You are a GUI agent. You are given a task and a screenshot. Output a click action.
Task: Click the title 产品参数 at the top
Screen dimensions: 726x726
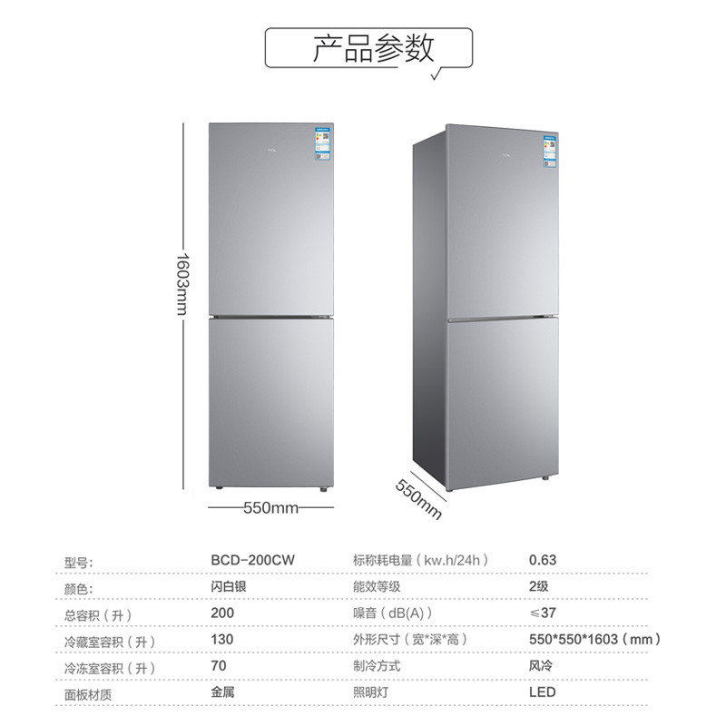[x=373, y=48]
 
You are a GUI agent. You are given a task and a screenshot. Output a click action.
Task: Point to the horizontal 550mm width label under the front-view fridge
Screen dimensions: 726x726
[x=270, y=508]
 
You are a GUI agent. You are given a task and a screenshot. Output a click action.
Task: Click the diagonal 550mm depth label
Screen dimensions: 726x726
[x=418, y=498]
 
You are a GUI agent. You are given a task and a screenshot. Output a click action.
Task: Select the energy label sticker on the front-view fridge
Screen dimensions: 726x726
[x=323, y=144]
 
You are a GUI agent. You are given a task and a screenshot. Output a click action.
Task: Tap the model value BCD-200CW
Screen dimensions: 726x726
[x=248, y=561]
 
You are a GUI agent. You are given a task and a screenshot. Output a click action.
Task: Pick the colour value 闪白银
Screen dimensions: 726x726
[x=228, y=587]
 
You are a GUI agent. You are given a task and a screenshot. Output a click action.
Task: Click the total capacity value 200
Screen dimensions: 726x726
[x=221, y=613]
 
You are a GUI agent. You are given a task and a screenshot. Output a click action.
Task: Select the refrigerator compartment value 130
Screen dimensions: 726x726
[x=221, y=640]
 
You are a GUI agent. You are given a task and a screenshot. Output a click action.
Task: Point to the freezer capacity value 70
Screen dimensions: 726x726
[x=218, y=667]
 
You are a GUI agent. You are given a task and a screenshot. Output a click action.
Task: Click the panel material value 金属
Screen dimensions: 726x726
[x=221, y=693]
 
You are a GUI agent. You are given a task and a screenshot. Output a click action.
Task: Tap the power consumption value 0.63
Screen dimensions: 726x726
[x=543, y=561]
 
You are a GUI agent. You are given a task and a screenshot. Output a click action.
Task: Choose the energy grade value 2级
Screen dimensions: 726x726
[x=539, y=587]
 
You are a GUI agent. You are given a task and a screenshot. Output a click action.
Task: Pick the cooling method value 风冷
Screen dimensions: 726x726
[x=541, y=667]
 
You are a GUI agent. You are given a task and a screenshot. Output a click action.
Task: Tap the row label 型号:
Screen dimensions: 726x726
[x=81, y=562]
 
